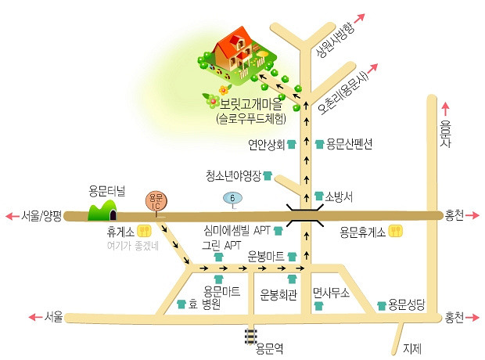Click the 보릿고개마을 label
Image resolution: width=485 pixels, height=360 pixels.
252,103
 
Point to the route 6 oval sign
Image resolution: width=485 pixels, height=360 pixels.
233,199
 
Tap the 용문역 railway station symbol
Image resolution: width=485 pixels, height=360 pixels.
250,335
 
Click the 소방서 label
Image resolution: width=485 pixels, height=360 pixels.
339,196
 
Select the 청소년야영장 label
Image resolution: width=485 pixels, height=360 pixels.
232,175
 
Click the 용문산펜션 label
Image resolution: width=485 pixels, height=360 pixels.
349,144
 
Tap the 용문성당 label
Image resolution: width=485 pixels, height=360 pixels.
406,304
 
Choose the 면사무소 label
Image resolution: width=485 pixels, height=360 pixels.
329,291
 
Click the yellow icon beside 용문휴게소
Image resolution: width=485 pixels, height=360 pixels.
397,231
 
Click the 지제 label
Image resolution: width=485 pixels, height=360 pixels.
411,348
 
